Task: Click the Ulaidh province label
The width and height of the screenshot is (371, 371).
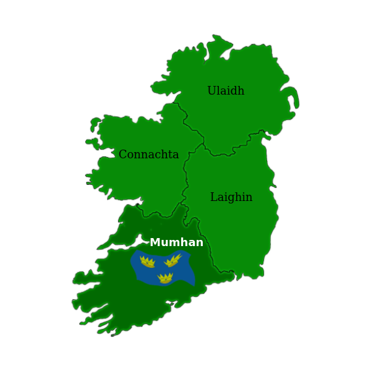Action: click(226, 91)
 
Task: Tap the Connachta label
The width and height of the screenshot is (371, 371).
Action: click(148, 155)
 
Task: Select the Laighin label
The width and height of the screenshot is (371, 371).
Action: click(231, 197)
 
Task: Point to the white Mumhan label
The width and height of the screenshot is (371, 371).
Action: click(176, 242)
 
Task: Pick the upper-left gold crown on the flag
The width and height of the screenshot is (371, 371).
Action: click(147, 262)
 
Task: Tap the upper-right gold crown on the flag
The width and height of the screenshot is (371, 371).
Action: click(173, 260)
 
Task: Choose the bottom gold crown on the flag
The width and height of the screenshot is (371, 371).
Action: click(165, 278)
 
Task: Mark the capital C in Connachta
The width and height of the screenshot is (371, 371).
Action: click(122, 155)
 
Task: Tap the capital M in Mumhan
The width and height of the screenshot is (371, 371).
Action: click(155, 242)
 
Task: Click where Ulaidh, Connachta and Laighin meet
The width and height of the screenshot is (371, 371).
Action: click(203, 144)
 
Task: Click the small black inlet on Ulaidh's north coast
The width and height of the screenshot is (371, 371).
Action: click(226, 54)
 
